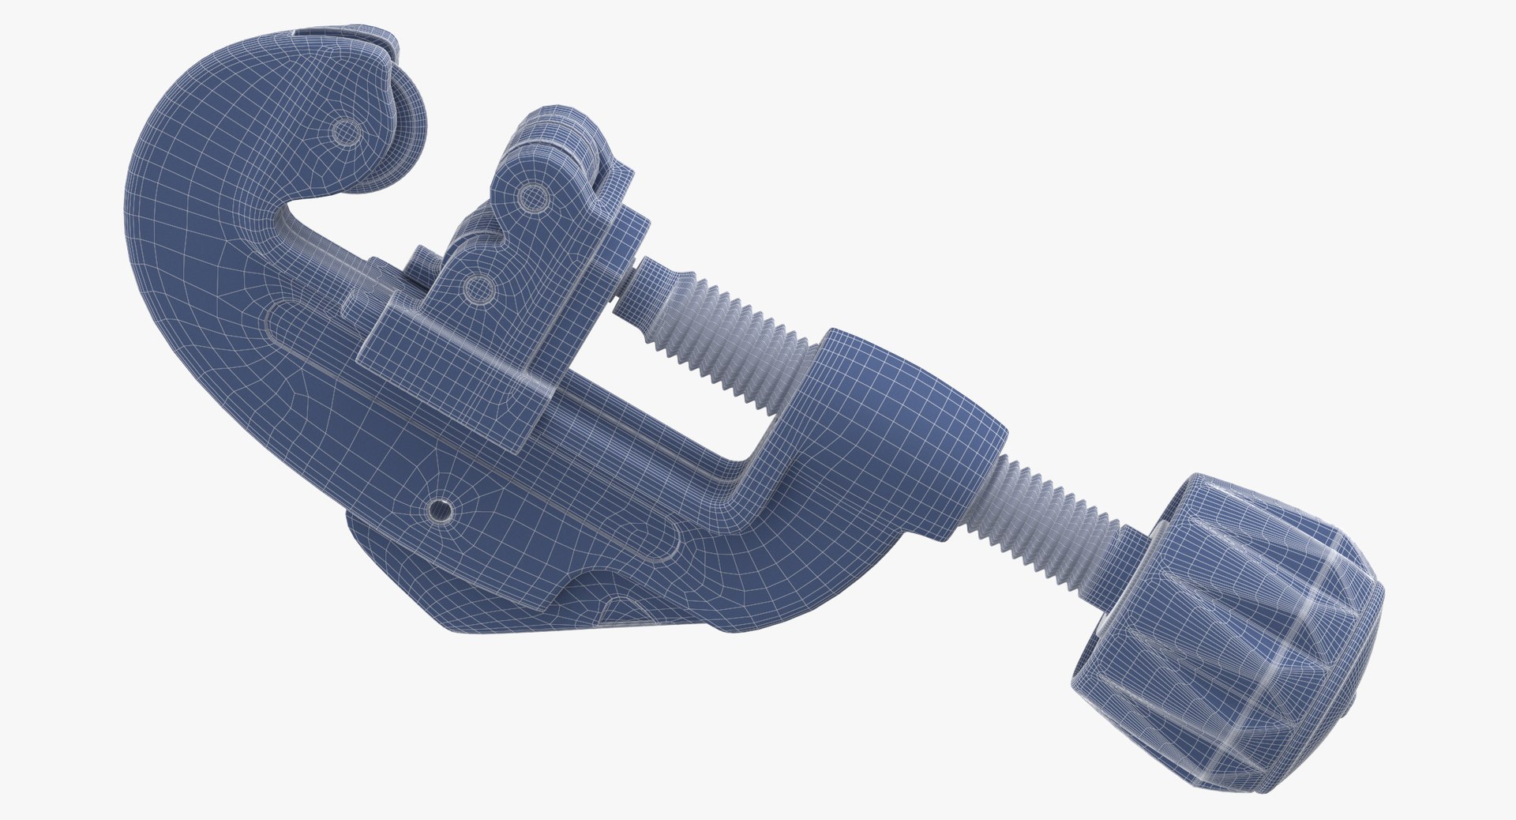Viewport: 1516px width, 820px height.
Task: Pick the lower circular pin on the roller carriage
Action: point(477,291)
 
